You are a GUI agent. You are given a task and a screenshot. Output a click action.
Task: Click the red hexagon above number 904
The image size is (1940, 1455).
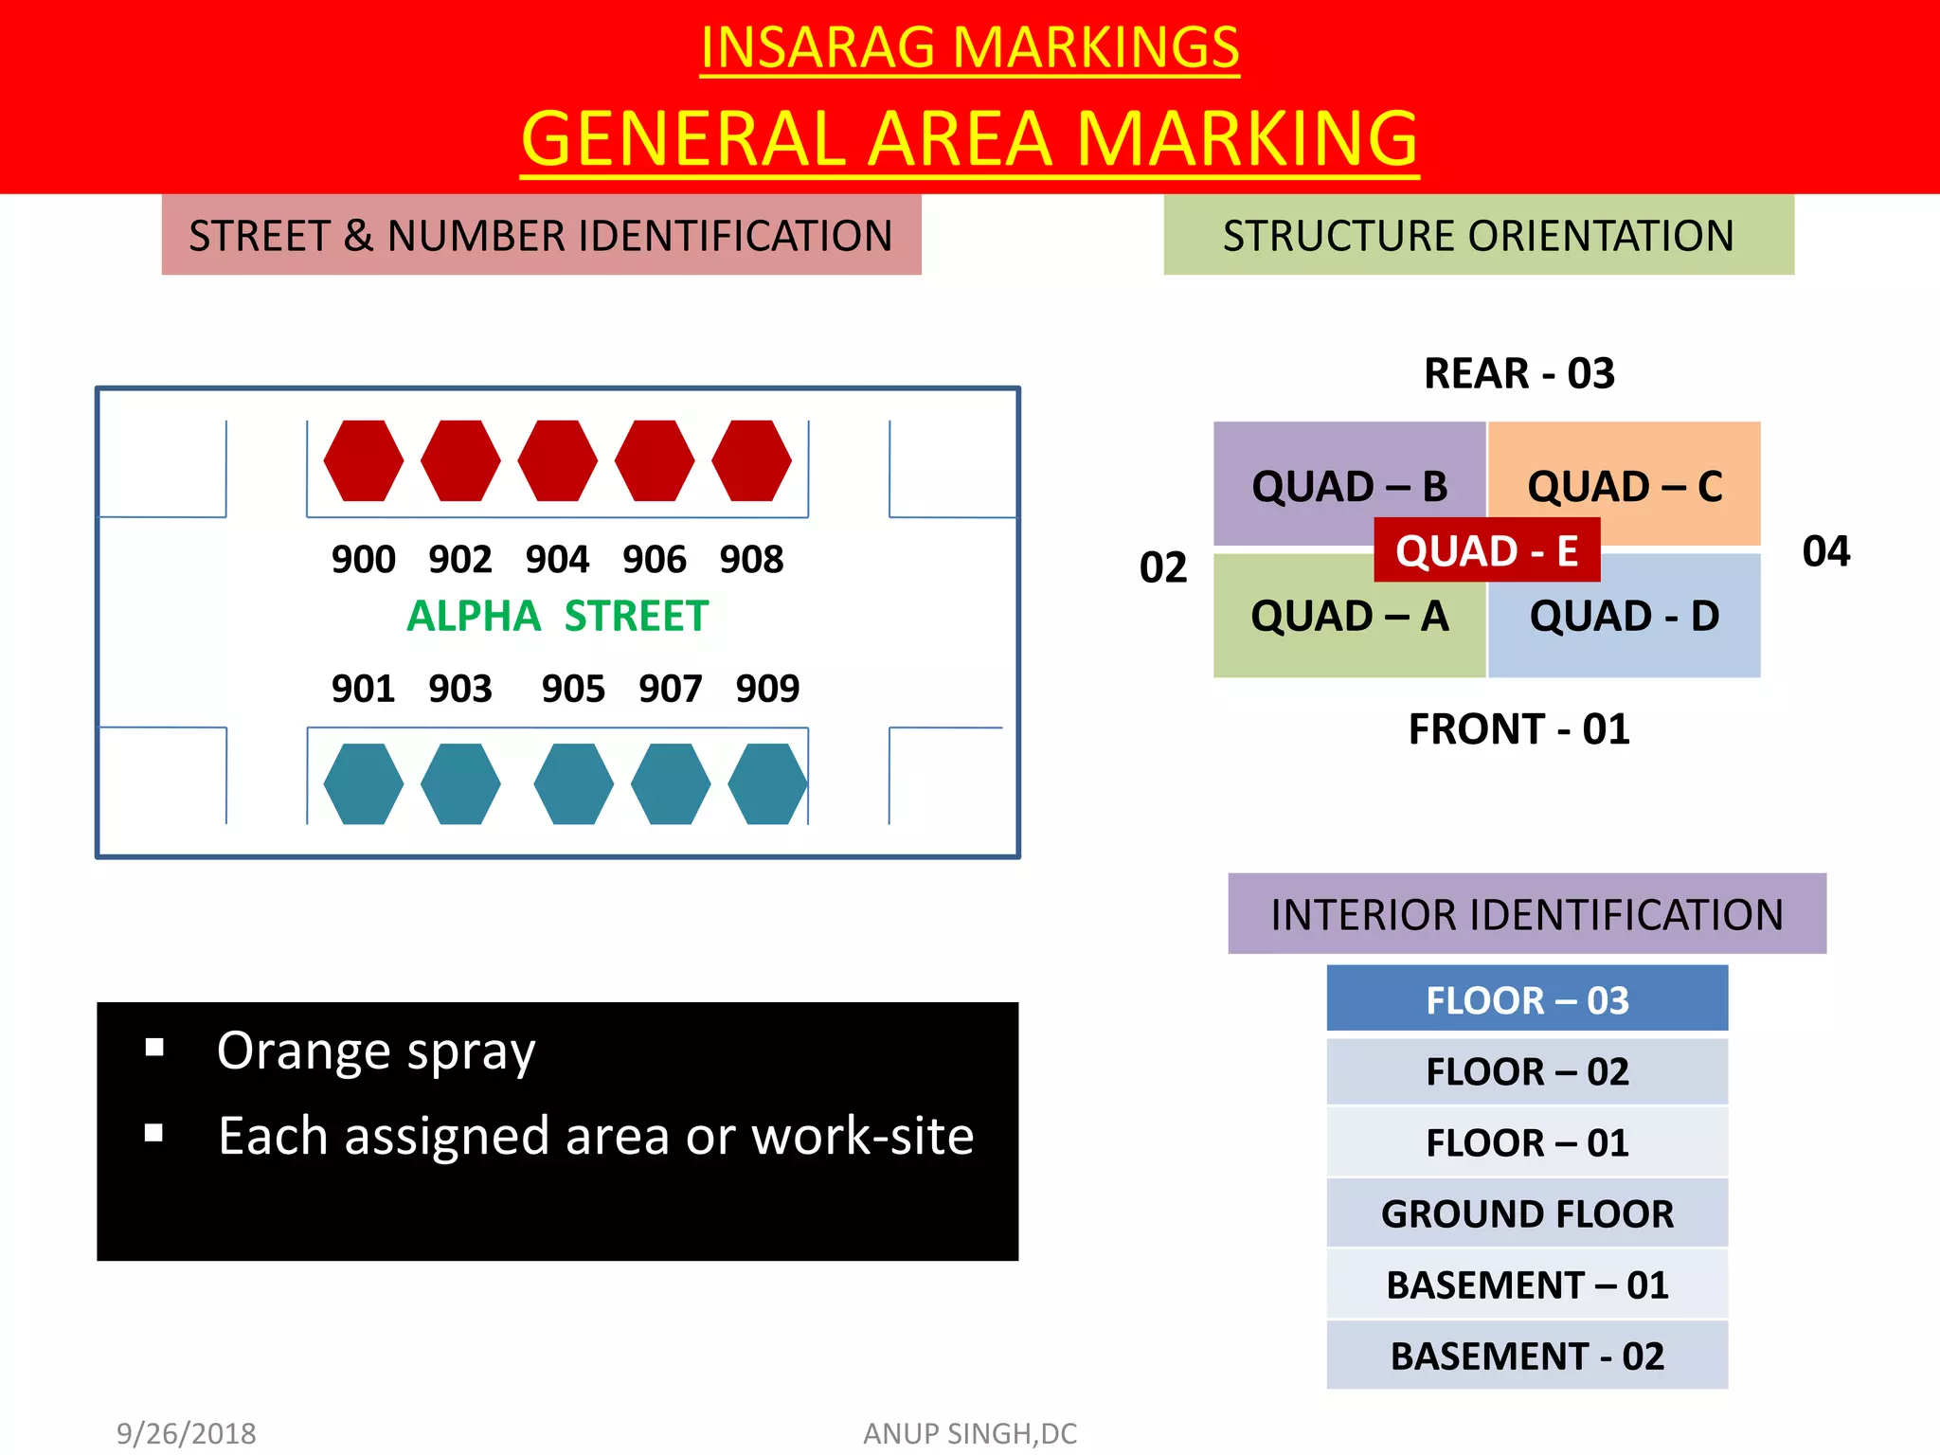[557, 460]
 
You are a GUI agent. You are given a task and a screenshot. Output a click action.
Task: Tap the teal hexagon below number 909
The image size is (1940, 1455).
[767, 783]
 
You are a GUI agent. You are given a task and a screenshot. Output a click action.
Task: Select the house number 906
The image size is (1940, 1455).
[655, 559]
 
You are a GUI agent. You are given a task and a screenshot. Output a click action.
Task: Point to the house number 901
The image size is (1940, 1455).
[363, 688]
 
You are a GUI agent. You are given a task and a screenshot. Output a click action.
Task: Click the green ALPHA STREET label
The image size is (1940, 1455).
[557, 616]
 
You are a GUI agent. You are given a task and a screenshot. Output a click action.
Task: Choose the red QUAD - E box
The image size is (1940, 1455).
[1486, 550]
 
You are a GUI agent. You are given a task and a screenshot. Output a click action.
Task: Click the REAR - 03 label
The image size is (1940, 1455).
[1519, 373]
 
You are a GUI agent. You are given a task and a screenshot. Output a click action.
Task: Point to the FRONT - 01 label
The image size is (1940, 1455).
[1519, 729]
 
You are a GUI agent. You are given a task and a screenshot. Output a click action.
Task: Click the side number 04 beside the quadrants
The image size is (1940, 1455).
[1825, 551]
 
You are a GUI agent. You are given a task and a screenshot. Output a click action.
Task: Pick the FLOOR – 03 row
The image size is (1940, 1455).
[1527, 999]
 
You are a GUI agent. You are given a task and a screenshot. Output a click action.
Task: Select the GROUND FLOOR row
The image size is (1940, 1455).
[1527, 1213]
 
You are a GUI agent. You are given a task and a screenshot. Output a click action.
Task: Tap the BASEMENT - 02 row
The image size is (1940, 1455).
[1527, 1356]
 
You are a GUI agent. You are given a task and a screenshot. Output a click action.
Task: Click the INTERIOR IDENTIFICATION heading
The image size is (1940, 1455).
[1527, 914]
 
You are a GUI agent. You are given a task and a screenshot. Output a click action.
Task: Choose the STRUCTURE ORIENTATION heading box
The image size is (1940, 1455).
[1478, 235]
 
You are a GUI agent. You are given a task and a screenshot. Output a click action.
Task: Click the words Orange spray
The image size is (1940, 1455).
[376, 1051]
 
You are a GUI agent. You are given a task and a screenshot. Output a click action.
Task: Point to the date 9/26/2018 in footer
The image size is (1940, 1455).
[187, 1433]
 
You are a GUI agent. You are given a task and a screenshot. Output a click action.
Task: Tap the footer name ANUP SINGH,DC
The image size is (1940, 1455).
[970, 1433]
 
